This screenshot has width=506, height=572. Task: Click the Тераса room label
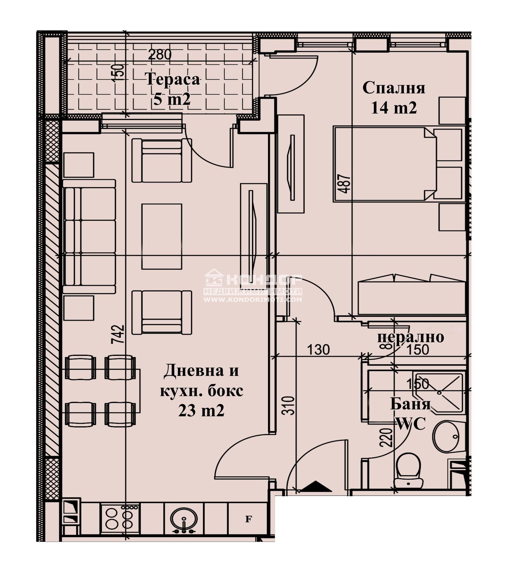tap(173, 79)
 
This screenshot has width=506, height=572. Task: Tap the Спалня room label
tap(393, 88)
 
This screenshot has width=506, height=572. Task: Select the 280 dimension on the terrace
tap(160, 54)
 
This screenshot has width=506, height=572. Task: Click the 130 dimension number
tap(318, 350)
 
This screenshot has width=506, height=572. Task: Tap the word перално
tap(410, 337)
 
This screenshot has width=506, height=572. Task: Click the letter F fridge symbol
tap(249, 519)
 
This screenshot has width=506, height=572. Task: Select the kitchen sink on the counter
tap(184, 519)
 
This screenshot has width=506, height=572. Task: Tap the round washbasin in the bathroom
tap(446, 437)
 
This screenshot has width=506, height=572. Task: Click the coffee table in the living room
tap(162, 236)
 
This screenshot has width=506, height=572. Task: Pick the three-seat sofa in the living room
tap(89, 236)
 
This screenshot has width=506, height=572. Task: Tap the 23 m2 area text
tap(201, 411)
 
